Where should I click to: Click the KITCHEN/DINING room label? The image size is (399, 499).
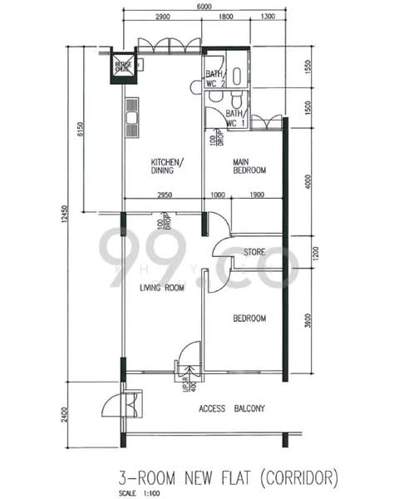[x=167, y=166]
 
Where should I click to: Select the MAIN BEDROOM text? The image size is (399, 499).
[x=249, y=166]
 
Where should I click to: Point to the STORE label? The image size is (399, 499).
[x=253, y=252]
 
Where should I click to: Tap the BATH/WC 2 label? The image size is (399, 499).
[x=215, y=77]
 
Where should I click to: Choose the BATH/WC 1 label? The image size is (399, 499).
[x=234, y=118]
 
